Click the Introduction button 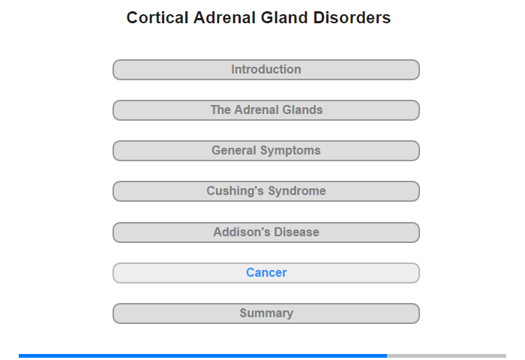pos(265,70)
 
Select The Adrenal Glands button pos(265,110)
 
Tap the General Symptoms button pos(265,151)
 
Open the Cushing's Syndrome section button pos(265,191)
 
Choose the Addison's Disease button pos(265,232)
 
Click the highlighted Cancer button pos(265,273)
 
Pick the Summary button pos(265,313)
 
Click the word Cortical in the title pos(157,17)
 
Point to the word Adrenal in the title pos(224,17)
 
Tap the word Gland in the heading pos(284,17)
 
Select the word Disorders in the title pos(352,17)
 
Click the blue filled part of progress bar pos(203,355)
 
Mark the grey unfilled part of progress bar pos(447,355)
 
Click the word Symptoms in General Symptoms pos(290,151)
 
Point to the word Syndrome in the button pos(297,191)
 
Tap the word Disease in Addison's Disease pos(296,232)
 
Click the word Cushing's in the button pos(235,191)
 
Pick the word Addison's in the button pos(241,232)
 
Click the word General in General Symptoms pos(234,150)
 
